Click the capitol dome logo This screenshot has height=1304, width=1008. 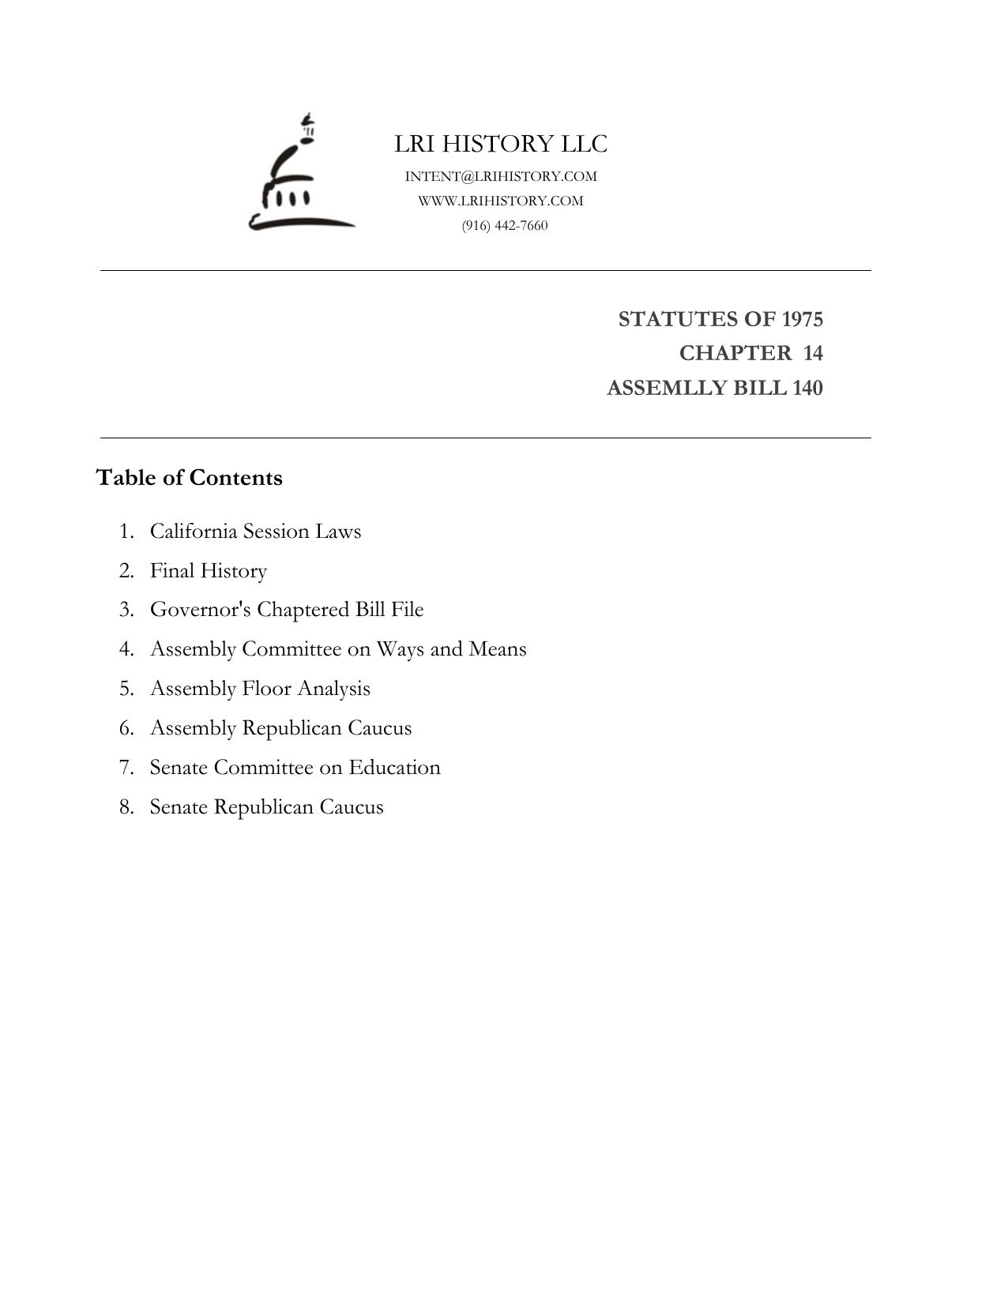(x=300, y=175)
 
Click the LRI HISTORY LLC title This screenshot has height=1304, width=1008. (x=501, y=144)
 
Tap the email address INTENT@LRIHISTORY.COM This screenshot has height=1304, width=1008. (x=501, y=176)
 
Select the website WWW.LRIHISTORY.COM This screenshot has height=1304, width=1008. (x=501, y=201)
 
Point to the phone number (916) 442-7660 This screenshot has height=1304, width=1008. (x=505, y=225)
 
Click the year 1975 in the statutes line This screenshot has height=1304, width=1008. (x=802, y=319)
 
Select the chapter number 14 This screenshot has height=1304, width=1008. (x=813, y=353)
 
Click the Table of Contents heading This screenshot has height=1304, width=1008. (x=189, y=478)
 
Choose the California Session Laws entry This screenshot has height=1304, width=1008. (x=255, y=531)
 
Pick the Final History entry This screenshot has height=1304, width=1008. (x=209, y=570)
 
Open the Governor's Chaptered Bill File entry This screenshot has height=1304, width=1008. (x=287, y=610)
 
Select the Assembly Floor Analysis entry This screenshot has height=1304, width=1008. (x=260, y=688)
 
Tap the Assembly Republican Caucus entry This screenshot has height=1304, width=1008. (x=280, y=727)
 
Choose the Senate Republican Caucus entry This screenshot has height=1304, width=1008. (x=266, y=806)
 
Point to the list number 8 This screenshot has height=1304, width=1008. (x=126, y=806)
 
